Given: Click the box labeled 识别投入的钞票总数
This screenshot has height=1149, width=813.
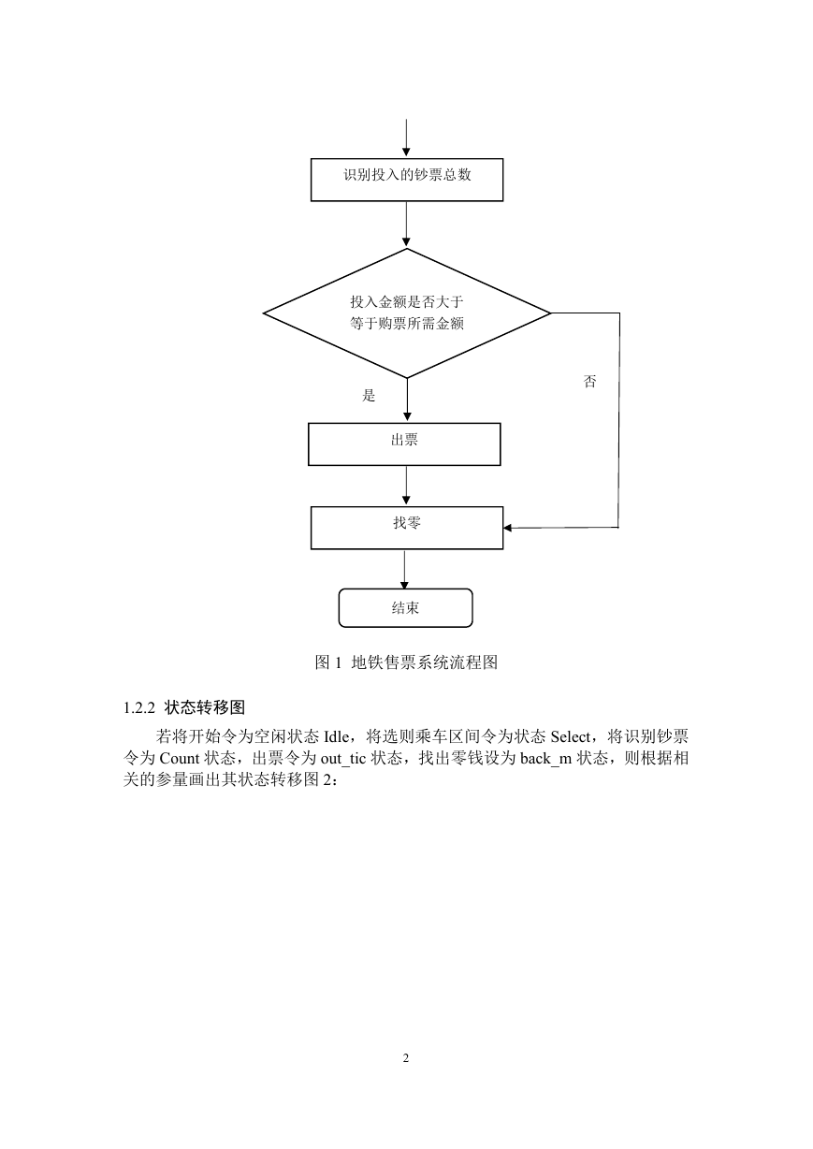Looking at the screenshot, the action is [407, 180].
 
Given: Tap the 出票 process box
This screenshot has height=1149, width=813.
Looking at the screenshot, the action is [404, 444].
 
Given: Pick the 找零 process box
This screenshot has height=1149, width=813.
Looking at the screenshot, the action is [407, 528].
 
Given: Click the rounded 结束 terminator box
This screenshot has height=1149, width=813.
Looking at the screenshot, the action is [405, 608].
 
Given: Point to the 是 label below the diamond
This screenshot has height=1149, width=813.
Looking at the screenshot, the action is [369, 396].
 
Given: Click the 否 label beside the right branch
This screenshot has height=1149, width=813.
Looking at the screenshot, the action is [590, 381].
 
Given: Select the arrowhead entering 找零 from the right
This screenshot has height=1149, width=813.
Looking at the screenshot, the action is [507, 528].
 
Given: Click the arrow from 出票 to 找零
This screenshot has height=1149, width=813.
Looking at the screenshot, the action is [406, 486].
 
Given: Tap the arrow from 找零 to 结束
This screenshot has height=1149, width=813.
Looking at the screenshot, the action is [404, 570].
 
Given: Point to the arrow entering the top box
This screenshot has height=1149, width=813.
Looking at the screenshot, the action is [406, 138].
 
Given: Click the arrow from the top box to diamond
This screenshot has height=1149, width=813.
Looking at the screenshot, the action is [406, 225].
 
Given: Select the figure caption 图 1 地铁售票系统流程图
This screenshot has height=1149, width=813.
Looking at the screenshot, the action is [406, 662].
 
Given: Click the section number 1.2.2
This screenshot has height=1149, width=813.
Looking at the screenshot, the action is [139, 708].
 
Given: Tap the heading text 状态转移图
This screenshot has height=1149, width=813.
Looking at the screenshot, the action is [205, 708].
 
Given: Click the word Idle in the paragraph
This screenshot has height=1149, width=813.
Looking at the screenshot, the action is [337, 737].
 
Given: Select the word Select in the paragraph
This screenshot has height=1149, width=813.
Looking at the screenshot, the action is [571, 737].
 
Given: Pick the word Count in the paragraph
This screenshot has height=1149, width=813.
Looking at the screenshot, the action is [179, 759].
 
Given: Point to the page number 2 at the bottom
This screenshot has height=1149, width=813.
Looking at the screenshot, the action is [406, 1058].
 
